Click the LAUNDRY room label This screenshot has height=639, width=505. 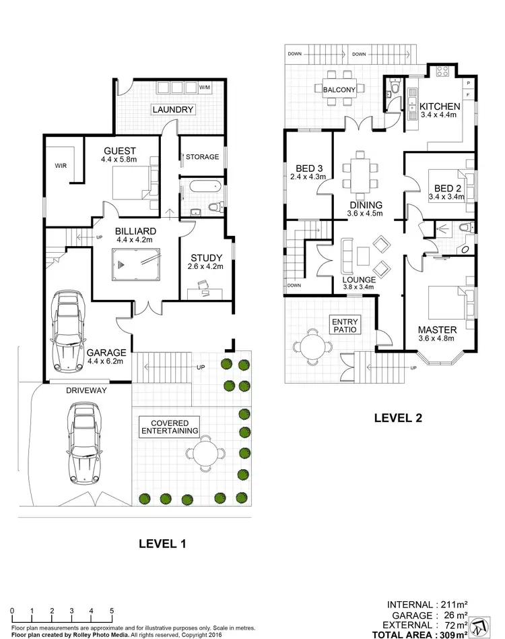coord(172,109)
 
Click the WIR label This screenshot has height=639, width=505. coord(60,164)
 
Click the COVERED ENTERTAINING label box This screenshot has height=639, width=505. coord(169,426)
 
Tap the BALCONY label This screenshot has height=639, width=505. coord(339,89)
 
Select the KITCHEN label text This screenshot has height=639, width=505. coord(440,106)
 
